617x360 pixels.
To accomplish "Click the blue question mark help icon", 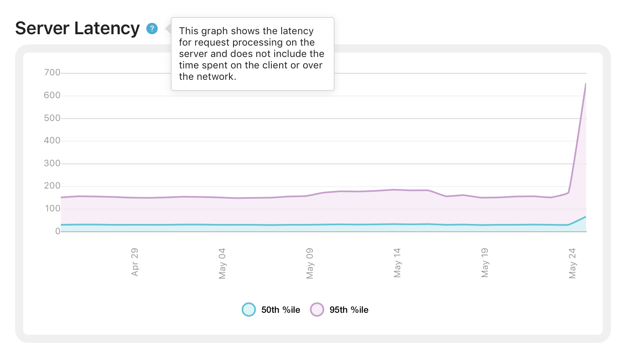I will coord(152,29).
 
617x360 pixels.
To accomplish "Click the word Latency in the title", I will coord(107,29).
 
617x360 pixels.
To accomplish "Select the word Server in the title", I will coord(42,29).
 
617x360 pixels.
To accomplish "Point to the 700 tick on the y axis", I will coord(52,72).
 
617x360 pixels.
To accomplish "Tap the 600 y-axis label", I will coord(52,95).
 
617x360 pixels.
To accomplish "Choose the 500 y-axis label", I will coord(52,118).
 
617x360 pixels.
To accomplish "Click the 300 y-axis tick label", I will coord(52,163).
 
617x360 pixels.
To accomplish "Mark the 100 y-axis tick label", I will coord(52,209).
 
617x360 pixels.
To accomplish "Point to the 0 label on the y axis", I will coord(57,231).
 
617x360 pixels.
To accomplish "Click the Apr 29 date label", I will coord(135,262).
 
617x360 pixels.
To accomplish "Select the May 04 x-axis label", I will coord(222,263).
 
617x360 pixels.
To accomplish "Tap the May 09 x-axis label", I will coord(310,263).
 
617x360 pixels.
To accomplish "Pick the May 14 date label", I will coord(397,263).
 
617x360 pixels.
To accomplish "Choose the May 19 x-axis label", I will coord(485,263).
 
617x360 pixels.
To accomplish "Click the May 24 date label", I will coord(572,263).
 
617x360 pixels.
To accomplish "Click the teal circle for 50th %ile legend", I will coord(249,310).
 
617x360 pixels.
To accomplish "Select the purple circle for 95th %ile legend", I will coord(317,310).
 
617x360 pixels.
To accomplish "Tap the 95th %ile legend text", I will coord(349,310).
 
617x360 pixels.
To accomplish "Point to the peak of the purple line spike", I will coord(586,84).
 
